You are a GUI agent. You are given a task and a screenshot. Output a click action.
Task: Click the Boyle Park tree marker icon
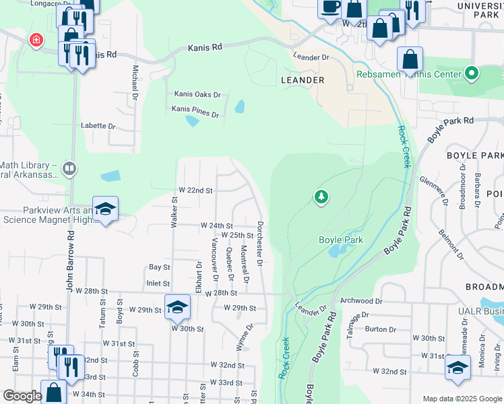[321, 197]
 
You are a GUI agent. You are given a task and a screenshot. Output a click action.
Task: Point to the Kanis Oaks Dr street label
[197, 95]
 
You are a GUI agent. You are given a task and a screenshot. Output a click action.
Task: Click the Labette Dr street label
[98, 126]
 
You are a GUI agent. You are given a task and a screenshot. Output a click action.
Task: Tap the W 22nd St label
[195, 191]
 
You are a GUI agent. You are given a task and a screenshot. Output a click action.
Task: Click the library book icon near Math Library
[68, 168]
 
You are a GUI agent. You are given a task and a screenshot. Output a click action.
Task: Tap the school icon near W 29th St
[177, 306]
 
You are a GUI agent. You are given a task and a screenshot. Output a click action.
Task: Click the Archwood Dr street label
[361, 301]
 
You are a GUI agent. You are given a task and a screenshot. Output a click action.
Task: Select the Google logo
[22, 396]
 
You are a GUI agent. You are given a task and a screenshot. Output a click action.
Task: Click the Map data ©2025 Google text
[462, 399]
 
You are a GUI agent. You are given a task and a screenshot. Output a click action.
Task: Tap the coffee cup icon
[330, 7]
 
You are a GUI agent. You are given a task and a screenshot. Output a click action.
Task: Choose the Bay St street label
[159, 267]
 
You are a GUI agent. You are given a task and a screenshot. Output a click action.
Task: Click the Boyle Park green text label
[340, 240]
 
